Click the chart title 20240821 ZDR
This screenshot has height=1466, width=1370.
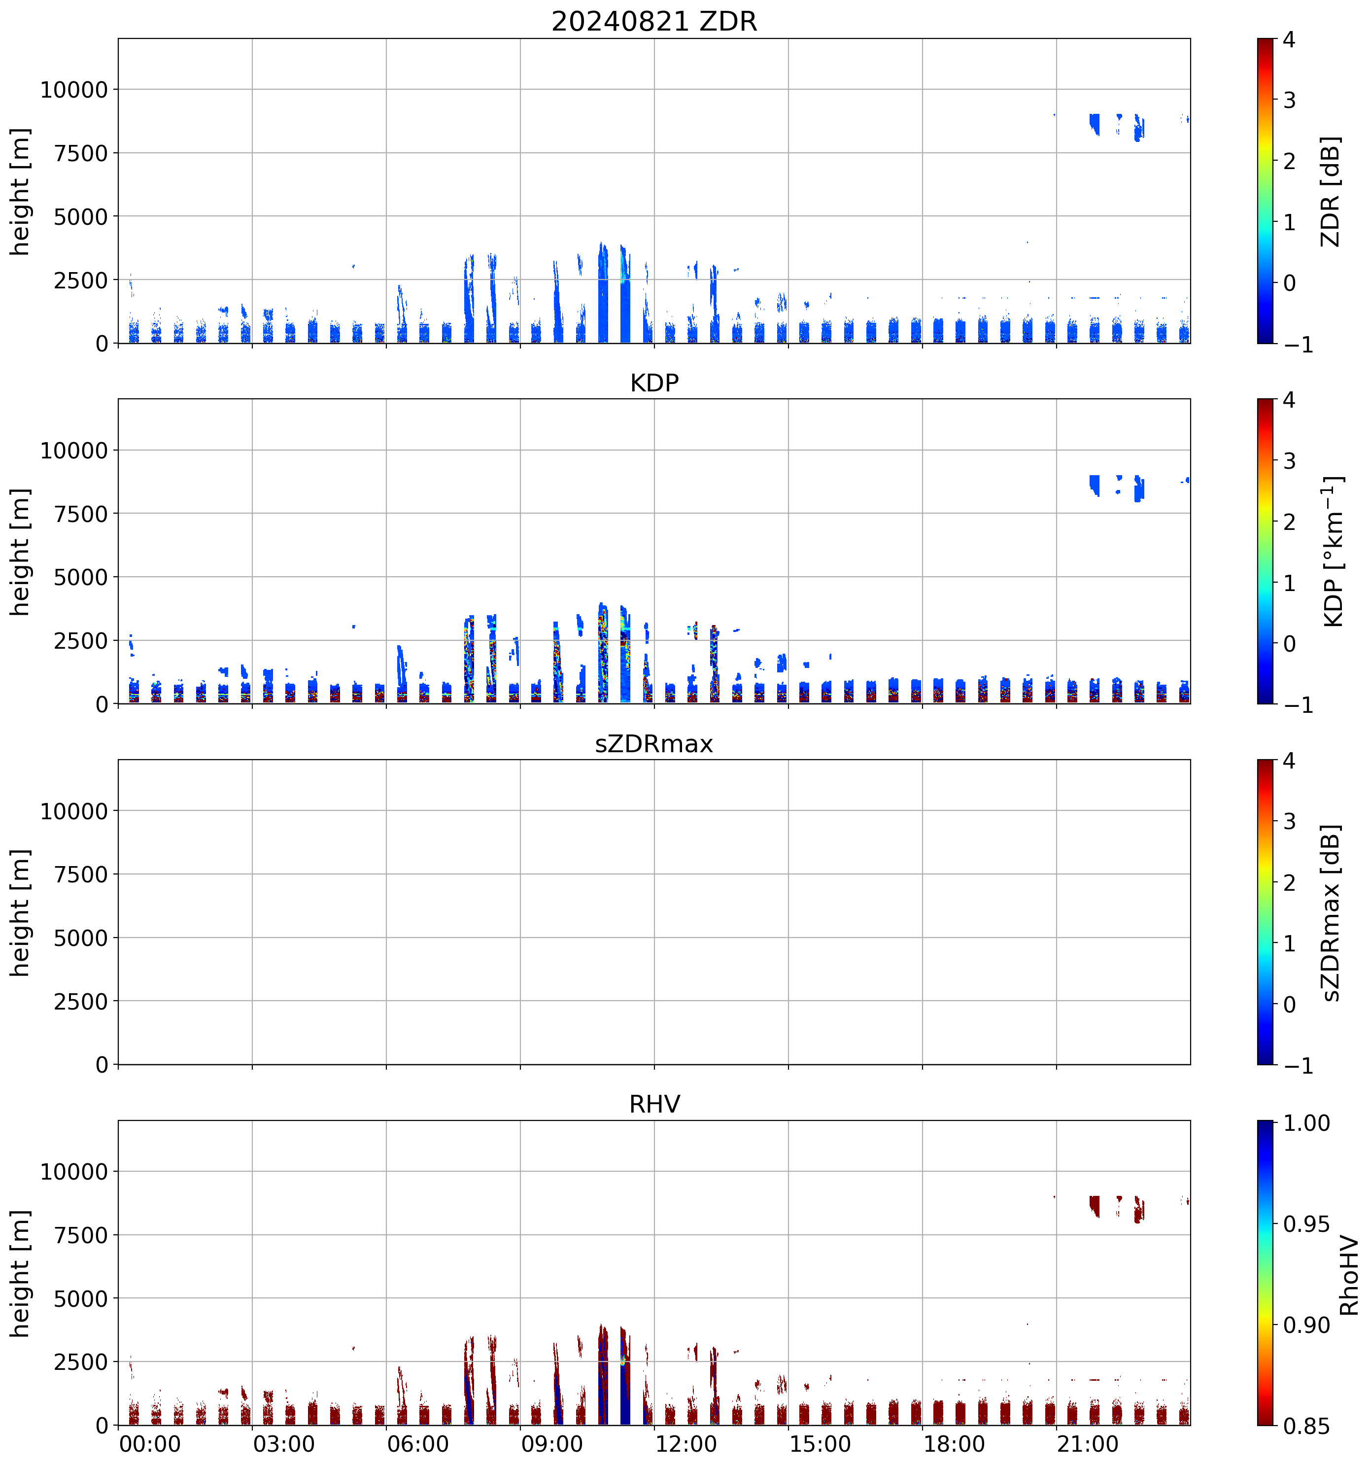coord(654,21)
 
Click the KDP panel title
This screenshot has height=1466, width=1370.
coord(654,383)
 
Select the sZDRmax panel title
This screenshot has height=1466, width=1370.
coord(654,743)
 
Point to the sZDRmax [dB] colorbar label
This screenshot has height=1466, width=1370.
coord(1330,912)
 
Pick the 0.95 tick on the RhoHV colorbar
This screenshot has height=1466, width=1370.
coord(1306,1224)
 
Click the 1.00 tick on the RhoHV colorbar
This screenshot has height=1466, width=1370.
coord(1306,1123)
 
